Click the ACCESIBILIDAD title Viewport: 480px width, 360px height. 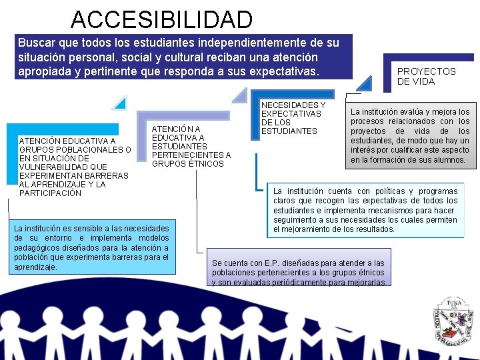point(162,19)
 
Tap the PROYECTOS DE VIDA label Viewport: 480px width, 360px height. point(426,76)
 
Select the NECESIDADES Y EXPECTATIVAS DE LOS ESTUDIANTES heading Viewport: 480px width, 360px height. point(293,118)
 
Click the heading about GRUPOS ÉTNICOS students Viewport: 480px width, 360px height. point(191,146)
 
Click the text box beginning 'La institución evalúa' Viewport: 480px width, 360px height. point(409,136)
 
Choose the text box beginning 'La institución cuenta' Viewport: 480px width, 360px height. point(365,210)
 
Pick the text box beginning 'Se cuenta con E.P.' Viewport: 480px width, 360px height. point(298,272)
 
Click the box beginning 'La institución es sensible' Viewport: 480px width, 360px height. point(91,247)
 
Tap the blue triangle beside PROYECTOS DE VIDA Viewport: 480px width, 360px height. point(364,83)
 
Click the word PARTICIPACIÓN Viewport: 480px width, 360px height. point(51,193)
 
